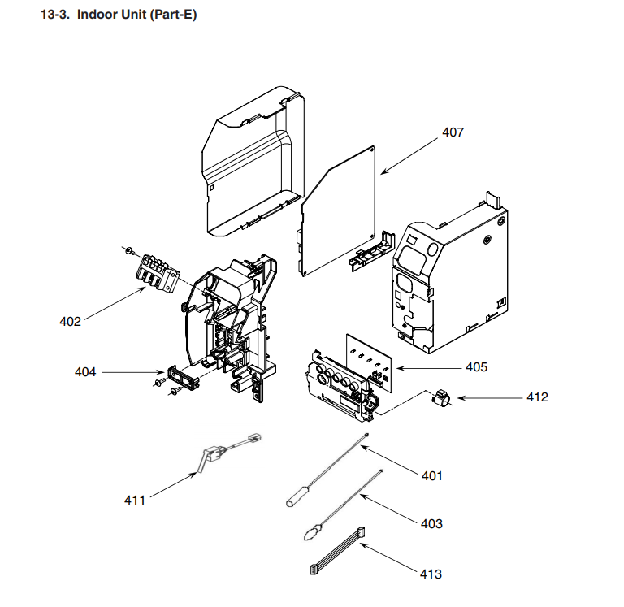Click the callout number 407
(x=453, y=132)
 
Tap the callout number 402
(x=71, y=321)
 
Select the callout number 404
(x=85, y=372)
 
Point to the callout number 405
(x=476, y=367)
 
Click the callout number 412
(x=537, y=397)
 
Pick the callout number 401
(x=431, y=475)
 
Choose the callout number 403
(x=431, y=523)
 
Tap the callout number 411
(x=135, y=500)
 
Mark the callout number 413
(x=431, y=574)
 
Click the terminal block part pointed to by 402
(x=155, y=272)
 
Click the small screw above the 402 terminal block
(x=128, y=247)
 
